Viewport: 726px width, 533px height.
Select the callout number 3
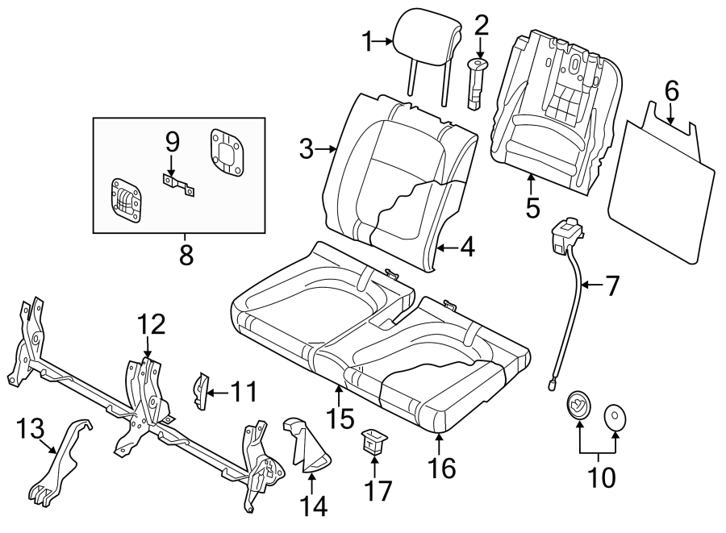306,148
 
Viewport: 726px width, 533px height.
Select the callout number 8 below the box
186,256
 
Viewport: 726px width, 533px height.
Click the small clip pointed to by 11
202,386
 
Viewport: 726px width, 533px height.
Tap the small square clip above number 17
374,440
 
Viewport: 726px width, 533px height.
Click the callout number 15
340,418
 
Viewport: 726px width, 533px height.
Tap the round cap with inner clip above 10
578,406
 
